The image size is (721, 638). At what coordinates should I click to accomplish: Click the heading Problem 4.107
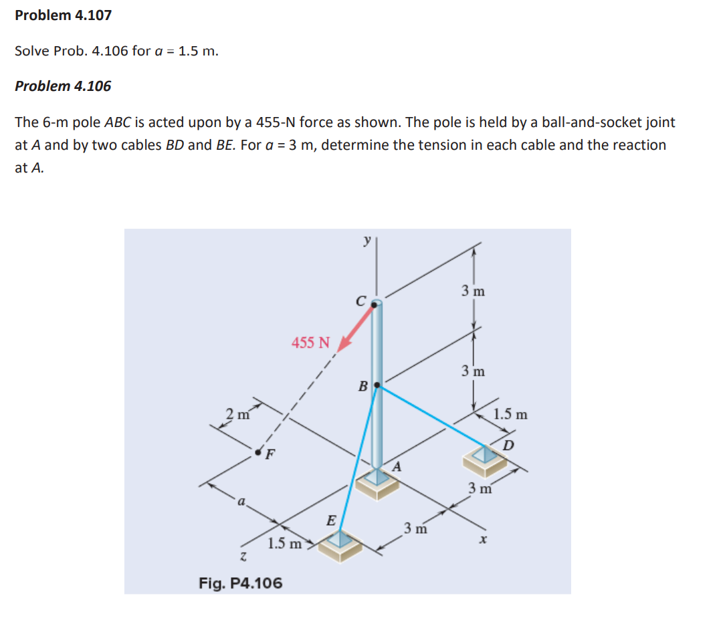coord(63,15)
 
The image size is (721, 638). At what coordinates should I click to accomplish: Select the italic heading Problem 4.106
coord(63,86)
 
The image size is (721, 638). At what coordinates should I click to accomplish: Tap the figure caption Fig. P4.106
coord(241,583)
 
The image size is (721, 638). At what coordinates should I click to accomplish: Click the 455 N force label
coord(311,343)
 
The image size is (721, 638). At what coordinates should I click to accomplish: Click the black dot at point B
coord(377,385)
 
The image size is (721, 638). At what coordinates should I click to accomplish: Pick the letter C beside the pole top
coord(360,302)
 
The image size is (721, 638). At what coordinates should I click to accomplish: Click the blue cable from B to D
coord(435,415)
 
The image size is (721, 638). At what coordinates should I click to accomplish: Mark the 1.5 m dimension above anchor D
coord(510,415)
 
